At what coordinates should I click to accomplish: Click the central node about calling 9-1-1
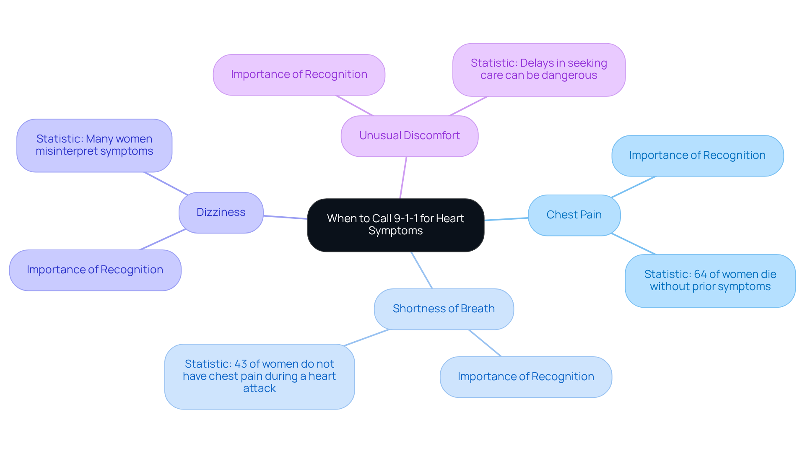395,225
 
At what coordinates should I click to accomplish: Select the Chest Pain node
574,215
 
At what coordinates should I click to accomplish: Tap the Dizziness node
221,213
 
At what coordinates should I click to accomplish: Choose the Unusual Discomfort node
409,136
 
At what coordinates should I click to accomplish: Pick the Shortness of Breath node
444,309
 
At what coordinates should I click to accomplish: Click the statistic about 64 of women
710,280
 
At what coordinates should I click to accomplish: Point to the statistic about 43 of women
259,376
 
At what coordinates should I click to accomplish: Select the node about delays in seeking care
539,70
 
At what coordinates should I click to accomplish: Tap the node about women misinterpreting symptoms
94,145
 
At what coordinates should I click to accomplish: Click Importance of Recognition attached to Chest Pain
697,156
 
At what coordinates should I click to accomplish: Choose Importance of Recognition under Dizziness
95,270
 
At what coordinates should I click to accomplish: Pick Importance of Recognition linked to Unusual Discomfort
299,75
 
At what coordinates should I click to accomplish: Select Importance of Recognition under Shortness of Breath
526,377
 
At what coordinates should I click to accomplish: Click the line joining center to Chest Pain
506,219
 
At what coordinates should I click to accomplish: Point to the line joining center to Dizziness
285,217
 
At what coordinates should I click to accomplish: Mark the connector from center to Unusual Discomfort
403,177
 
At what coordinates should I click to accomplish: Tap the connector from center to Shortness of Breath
421,270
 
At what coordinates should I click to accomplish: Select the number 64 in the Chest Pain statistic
700,274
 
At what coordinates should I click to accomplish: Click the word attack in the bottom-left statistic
259,389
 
